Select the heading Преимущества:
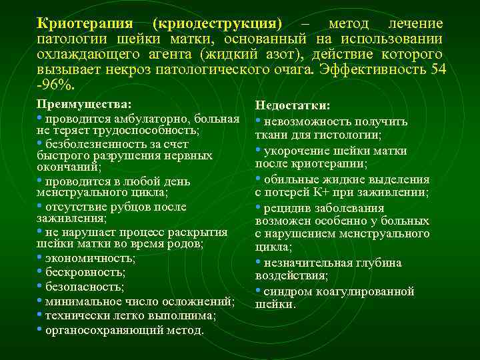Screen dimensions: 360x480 84,105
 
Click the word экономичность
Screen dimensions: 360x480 89,257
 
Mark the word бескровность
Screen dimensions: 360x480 85,272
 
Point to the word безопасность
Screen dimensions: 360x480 85,287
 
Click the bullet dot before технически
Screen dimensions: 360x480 40,314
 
